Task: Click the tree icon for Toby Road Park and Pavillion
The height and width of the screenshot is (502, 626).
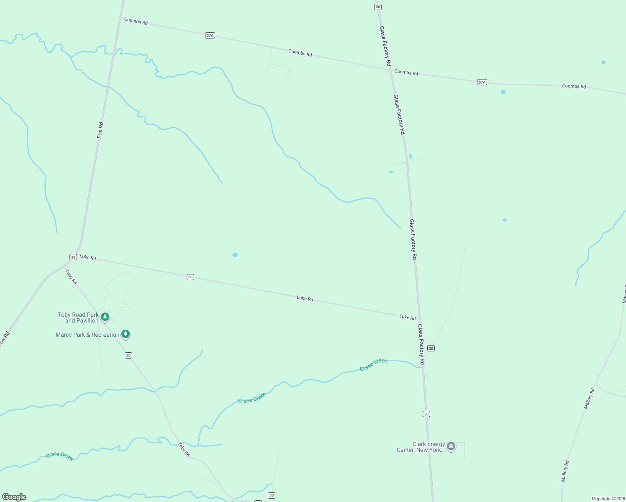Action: pos(105,317)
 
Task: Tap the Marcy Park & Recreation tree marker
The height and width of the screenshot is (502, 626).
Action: pos(126,334)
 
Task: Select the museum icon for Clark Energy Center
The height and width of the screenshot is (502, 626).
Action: pos(451,446)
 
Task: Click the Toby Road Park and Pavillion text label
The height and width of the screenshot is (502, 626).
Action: pos(78,318)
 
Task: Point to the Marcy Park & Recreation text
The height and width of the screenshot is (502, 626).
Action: pos(87,335)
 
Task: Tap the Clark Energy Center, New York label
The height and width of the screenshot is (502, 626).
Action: pos(421,447)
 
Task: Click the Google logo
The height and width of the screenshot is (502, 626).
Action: pos(14,497)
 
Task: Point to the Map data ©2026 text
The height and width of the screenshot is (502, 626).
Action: pos(608,499)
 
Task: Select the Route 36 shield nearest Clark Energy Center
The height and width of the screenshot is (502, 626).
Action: pos(426,414)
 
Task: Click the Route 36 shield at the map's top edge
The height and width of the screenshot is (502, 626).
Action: pos(378,7)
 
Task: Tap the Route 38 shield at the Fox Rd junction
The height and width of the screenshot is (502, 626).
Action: pos(73,257)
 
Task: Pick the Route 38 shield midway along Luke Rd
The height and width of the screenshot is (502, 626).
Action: pos(190,277)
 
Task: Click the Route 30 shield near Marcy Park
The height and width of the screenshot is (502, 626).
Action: pos(128,355)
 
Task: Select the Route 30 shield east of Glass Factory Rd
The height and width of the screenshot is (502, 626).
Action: pos(431,348)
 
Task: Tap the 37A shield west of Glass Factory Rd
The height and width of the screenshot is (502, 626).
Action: pos(210,36)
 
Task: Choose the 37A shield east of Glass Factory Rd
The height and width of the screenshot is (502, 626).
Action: pos(482,82)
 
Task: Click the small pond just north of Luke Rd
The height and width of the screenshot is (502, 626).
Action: pos(235,255)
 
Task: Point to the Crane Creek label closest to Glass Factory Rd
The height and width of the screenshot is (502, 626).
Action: pos(373,364)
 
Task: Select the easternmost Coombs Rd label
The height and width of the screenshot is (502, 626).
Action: pos(574,86)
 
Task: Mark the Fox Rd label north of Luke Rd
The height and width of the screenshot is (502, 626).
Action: pos(100,130)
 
